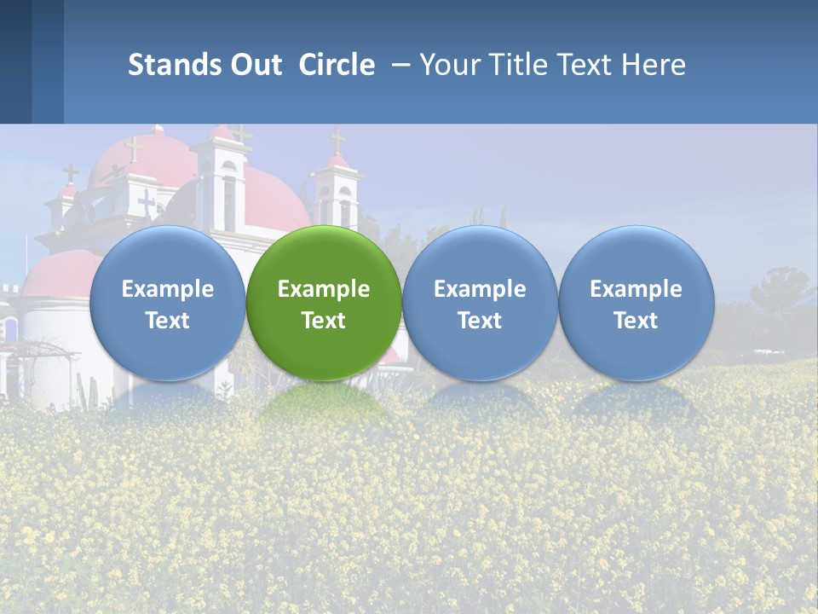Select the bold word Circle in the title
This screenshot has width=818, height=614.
(x=337, y=65)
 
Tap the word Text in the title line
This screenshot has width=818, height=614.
(x=588, y=65)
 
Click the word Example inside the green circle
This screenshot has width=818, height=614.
(x=324, y=289)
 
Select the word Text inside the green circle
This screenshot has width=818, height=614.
(x=324, y=321)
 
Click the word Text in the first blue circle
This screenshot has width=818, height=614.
(x=168, y=321)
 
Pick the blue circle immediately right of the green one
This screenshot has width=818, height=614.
(x=480, y=303)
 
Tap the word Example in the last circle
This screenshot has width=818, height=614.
(x=636, y=289)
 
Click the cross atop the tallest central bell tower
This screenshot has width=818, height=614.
(x=241, y=133)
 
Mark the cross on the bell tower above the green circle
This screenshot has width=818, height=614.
(x=337, y=141)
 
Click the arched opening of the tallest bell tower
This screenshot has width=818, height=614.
(x=229, y=205)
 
